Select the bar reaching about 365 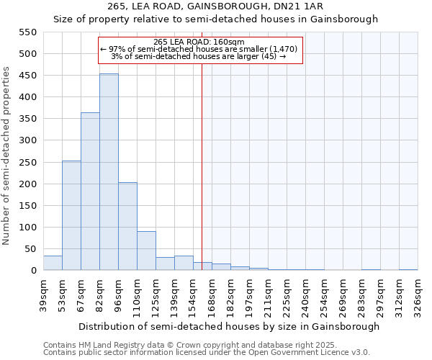click(90, 191)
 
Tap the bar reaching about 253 click(71, 215)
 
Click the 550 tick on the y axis click(27, 32)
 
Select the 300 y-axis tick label click(27, 140)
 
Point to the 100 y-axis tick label click(27, 228)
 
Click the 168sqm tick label click(212, 295)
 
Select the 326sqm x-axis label click(418, 295)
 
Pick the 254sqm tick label click(324, 295)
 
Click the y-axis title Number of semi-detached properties click(7, 156)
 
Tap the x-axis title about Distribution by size click(229, 326)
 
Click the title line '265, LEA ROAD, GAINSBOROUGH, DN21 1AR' click(215, 6)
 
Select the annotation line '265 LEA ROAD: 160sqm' click(199, 42)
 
